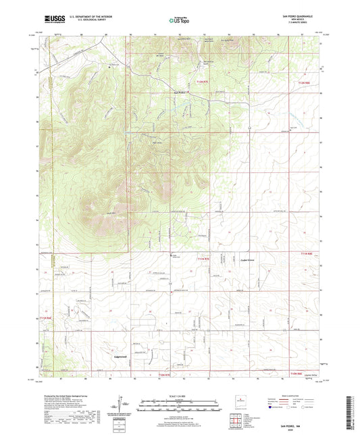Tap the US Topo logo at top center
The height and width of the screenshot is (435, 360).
(178, 20)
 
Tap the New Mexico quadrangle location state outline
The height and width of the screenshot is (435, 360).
(241, 403)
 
